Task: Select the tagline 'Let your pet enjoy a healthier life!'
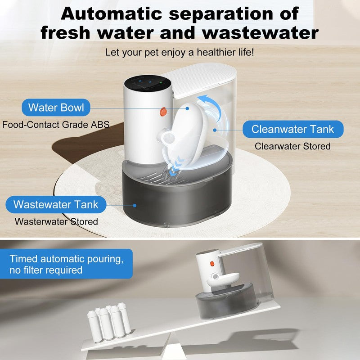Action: [180, 52]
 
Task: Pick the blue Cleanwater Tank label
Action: [292, 130]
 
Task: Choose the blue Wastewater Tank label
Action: [55, 204]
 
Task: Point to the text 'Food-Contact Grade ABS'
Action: [56, 124]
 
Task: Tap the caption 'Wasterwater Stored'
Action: [56, 221]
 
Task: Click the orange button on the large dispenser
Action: [163, 111]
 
